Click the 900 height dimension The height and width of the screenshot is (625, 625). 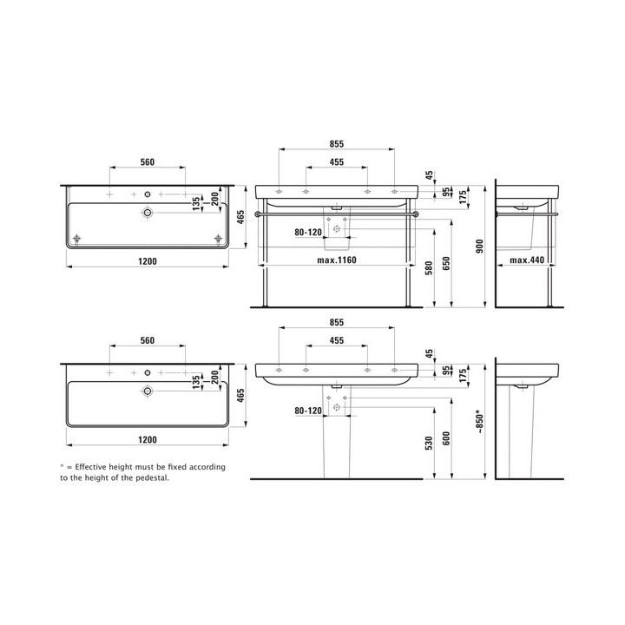click(x=479, y=247)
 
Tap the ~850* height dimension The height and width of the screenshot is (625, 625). click(x=479, y=422)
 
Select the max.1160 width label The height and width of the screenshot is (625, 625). click(x=337, y=260)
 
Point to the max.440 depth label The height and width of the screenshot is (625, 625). click(x=527, y=260)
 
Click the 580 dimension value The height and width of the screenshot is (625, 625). click(x=429, y=268)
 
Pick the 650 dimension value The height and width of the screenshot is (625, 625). click(x=446, y=264)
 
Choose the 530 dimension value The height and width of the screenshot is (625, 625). click(x=429, y=444)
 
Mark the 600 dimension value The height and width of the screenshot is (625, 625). click(x=446, y=438)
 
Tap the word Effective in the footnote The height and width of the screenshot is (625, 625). click(x=90, y=467)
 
